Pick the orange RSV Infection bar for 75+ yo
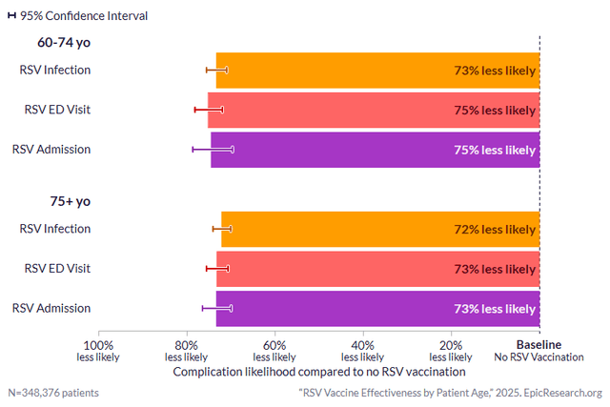click(380, 230)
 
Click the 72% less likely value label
click(495, 230)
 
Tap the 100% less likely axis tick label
click(99, 351)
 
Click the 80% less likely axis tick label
click(187, 351)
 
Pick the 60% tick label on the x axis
click(274, 351)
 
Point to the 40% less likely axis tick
click(363, 351)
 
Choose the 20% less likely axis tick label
click(451, 351)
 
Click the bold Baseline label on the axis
click(539, 345)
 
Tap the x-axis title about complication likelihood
click(319, 372)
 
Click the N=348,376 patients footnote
click(53, 393)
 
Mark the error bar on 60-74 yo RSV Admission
click(213, 150)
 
